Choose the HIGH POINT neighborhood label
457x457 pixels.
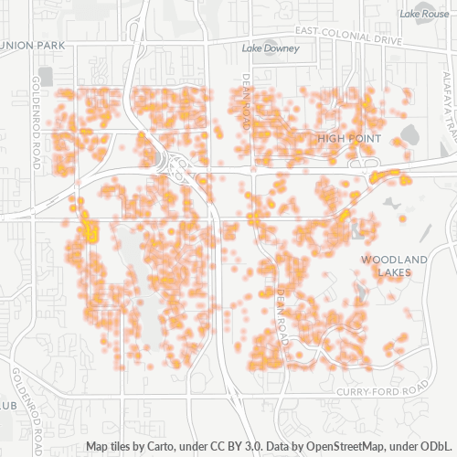coord(348,138)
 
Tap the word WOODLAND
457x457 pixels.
coord(393,260)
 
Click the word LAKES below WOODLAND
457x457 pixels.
coord(395,273)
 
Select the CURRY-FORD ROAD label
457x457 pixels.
coord(382,391)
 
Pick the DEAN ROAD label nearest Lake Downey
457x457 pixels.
coord(245,94)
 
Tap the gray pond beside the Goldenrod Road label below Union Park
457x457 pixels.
coord(46,77)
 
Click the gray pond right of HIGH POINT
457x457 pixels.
coord(407,135)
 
